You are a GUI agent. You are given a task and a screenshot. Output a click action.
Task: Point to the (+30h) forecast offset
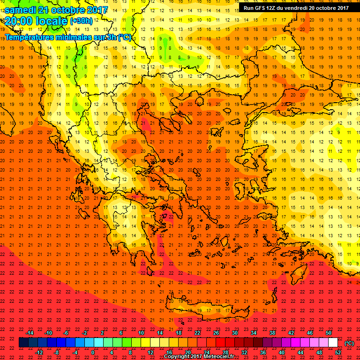pyautogui.click(x=81, y=21)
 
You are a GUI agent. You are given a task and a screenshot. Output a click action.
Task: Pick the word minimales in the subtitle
pyautogui.click(x=78, y=37)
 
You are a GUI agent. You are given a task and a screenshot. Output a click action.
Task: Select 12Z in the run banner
pyautogui.click(x=275, y=7)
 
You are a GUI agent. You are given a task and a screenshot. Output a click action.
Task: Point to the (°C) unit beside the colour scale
pyautogui.click(x=349, y=343)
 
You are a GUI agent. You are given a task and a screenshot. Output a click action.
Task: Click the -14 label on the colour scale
pyautogui.click(x=30, y=333)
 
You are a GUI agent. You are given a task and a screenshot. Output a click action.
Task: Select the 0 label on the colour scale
pyautogui.click(x=93, y=352)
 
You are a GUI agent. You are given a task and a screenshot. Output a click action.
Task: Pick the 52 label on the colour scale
pyautogui.click(x=337, y=352)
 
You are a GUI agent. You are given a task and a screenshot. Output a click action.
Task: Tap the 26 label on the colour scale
pyautogui.click(x=216, y=333)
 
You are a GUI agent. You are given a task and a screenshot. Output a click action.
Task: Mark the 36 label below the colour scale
pyautogui.click(x=262, y=352)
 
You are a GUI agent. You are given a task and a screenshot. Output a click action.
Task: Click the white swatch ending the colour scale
pyautogui.click(x=333, y=343)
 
